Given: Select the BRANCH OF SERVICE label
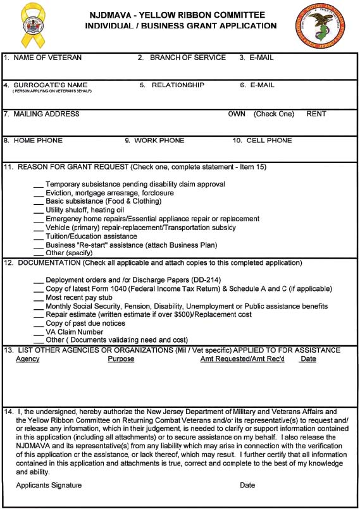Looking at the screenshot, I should pyautogui.click(x=187, y=58).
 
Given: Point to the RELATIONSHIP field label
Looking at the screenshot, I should pyautogui.click(x=178, y=85).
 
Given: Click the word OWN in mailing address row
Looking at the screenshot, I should pyautogui.click(x=237, y=114).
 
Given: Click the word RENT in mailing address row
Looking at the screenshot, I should pyautogui.click(x=316, y=114).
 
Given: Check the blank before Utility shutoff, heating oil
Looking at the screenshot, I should pyautogui.click(x=39, y=211).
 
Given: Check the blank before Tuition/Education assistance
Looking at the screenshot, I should pyautogui.click(x=39, y=237).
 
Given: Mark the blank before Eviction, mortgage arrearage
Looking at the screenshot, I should pyautogui.click(x=39, y=194).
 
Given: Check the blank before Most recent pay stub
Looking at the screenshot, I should pyautogui.click(x=39, y=298).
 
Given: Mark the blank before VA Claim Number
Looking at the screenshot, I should pyautogui.click(x=39, y=333).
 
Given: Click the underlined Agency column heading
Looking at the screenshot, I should pyautogui.click(x=28, y=359).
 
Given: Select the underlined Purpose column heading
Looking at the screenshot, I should pyautogui.click(x=121, y=359).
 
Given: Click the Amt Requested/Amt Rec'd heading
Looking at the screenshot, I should pyautogui.click(x=242, y=359).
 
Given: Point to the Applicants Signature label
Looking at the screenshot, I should pyautogui.click(x=49, y=486).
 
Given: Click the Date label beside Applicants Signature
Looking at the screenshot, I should pyautogui.click(x=247, y=486).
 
